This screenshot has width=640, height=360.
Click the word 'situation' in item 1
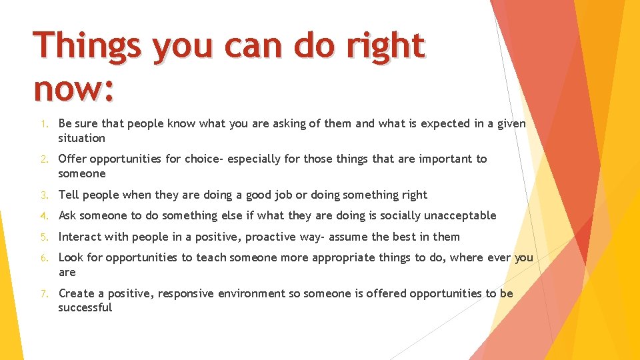tap(81, 138)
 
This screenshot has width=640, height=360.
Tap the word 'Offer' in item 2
tap(72, 159)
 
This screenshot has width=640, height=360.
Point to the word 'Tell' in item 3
tap(69, 195)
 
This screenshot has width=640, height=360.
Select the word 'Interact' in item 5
tap(79, 237)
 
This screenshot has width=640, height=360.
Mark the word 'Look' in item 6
tap(71, 257)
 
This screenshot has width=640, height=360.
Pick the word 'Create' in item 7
tap(76, 293)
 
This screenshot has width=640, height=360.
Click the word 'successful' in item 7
tap(85, 307)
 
